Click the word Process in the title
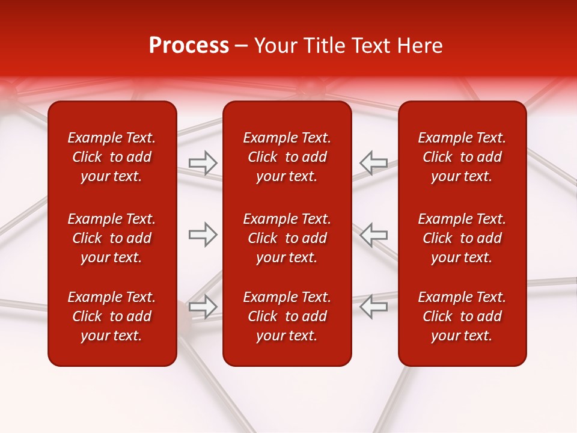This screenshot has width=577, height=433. pos(189,46)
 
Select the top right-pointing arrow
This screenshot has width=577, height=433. pos(203,162)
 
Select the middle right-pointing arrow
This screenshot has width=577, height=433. pos(203,235)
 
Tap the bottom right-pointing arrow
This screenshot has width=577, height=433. pos(203,307)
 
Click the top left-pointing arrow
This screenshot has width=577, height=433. pos(373,162)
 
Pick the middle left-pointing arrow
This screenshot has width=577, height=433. pos(373,235)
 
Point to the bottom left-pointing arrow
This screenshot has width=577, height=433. pos(373,307)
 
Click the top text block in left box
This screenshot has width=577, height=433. pos(112,157)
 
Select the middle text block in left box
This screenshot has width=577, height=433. pos(112,238)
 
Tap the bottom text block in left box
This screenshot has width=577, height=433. pos(112,316)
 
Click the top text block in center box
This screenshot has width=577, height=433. pos(287,157)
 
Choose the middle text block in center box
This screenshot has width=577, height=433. pos(287,238)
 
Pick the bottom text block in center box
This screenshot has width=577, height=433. pos(287,316)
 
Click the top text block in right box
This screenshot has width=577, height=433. pos(462,157)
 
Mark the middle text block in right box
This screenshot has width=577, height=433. pos(462,238)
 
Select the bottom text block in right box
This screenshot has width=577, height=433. pos(462,316)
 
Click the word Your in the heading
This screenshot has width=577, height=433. pos(276,46)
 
